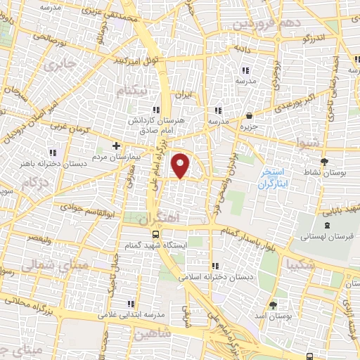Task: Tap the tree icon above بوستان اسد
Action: [273, 304]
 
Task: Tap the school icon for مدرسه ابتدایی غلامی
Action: [131, 304]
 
